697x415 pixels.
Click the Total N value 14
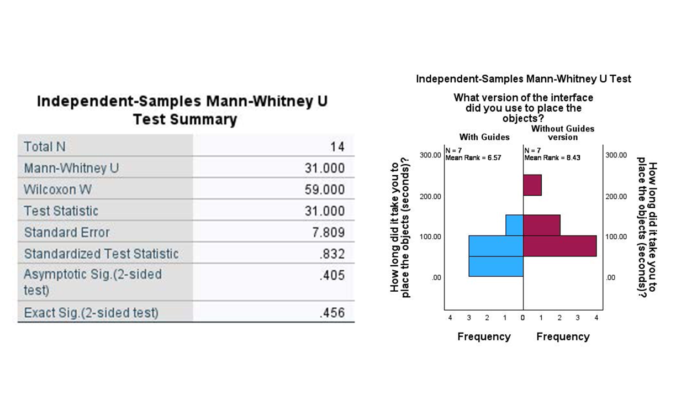point(337,146)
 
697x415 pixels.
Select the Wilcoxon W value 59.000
point(325,190)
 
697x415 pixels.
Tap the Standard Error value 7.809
point(329,232)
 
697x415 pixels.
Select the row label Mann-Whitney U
point(71,168)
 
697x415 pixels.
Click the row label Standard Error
point(67,232)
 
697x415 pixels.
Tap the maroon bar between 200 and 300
point(532,185)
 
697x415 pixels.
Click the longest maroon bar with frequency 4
point(559,246)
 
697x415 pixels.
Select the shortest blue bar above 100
point(514,225)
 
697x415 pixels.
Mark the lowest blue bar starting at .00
point(495,266)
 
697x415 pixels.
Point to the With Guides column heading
point(484,137)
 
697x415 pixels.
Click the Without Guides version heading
point(562,133)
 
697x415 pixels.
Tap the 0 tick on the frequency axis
point(523,317)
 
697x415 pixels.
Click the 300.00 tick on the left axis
point(430,155)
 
